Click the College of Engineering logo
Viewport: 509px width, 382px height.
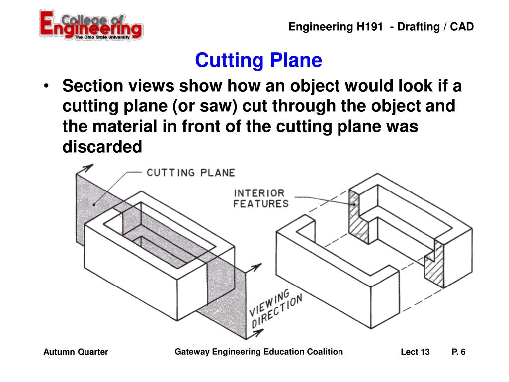click(x=90, y=26)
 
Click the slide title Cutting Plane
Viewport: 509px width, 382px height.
click(x=258, y=60)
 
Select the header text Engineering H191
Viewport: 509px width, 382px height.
click(x=336, y=27)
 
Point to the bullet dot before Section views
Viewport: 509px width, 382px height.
click(x=47, y=86)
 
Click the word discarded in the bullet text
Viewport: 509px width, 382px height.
click(x=102, y=147)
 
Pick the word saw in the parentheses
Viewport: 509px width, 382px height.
click(x=216, y=107)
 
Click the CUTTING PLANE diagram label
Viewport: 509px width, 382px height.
click(x=190, y=173)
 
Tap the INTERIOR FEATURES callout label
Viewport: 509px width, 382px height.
click(x=260, y=198)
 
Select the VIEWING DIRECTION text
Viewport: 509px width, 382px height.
click(x=275, y=308)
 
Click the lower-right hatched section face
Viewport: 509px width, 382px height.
click(x=435, y=264)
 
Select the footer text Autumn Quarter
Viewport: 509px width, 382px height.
click(x=76, y=352)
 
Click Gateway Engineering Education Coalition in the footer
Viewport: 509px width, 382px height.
click(x=258, y=352)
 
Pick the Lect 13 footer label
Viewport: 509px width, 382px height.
click(x=415, y=352)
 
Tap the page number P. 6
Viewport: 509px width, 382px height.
click(x=458, y=352)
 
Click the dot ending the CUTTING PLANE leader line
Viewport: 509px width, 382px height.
click(x=94, y=204)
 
